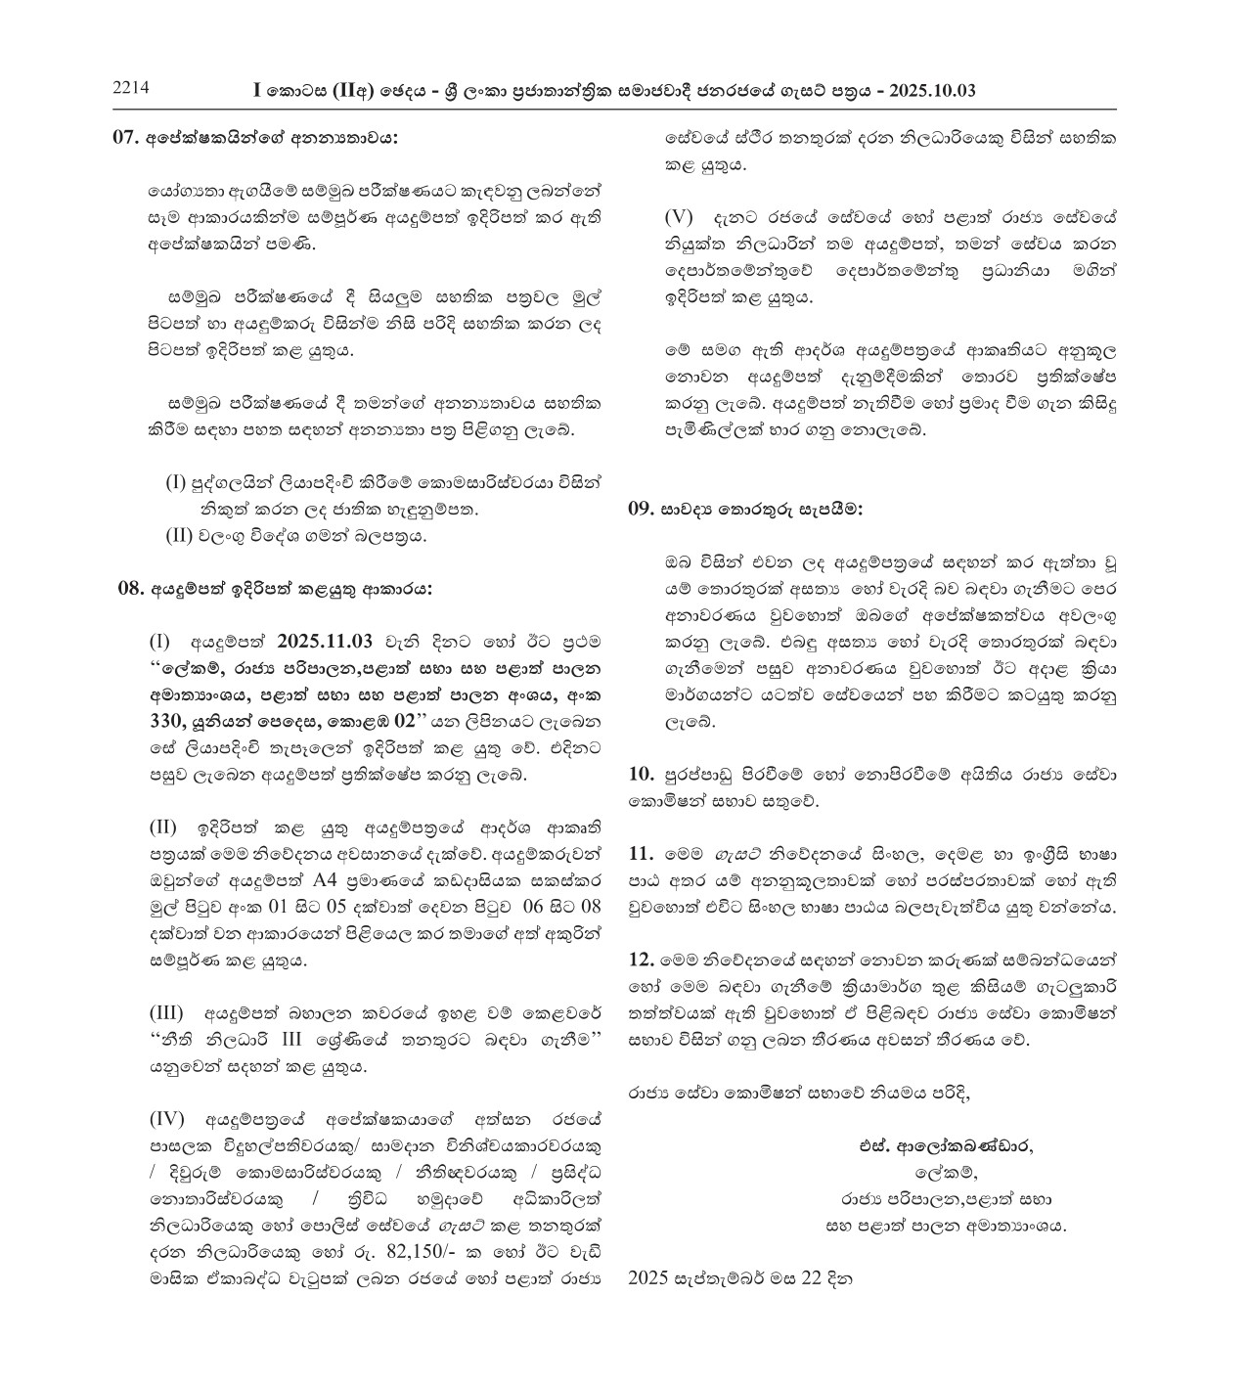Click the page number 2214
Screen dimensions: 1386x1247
[130, 88]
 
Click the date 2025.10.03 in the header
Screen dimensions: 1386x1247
[936, 91]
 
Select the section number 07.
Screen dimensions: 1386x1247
[126, 138]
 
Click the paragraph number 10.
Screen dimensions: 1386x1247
[641, 775]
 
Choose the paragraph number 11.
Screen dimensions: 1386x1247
[641, 852]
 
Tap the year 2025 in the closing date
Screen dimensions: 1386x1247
[646, 1276]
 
